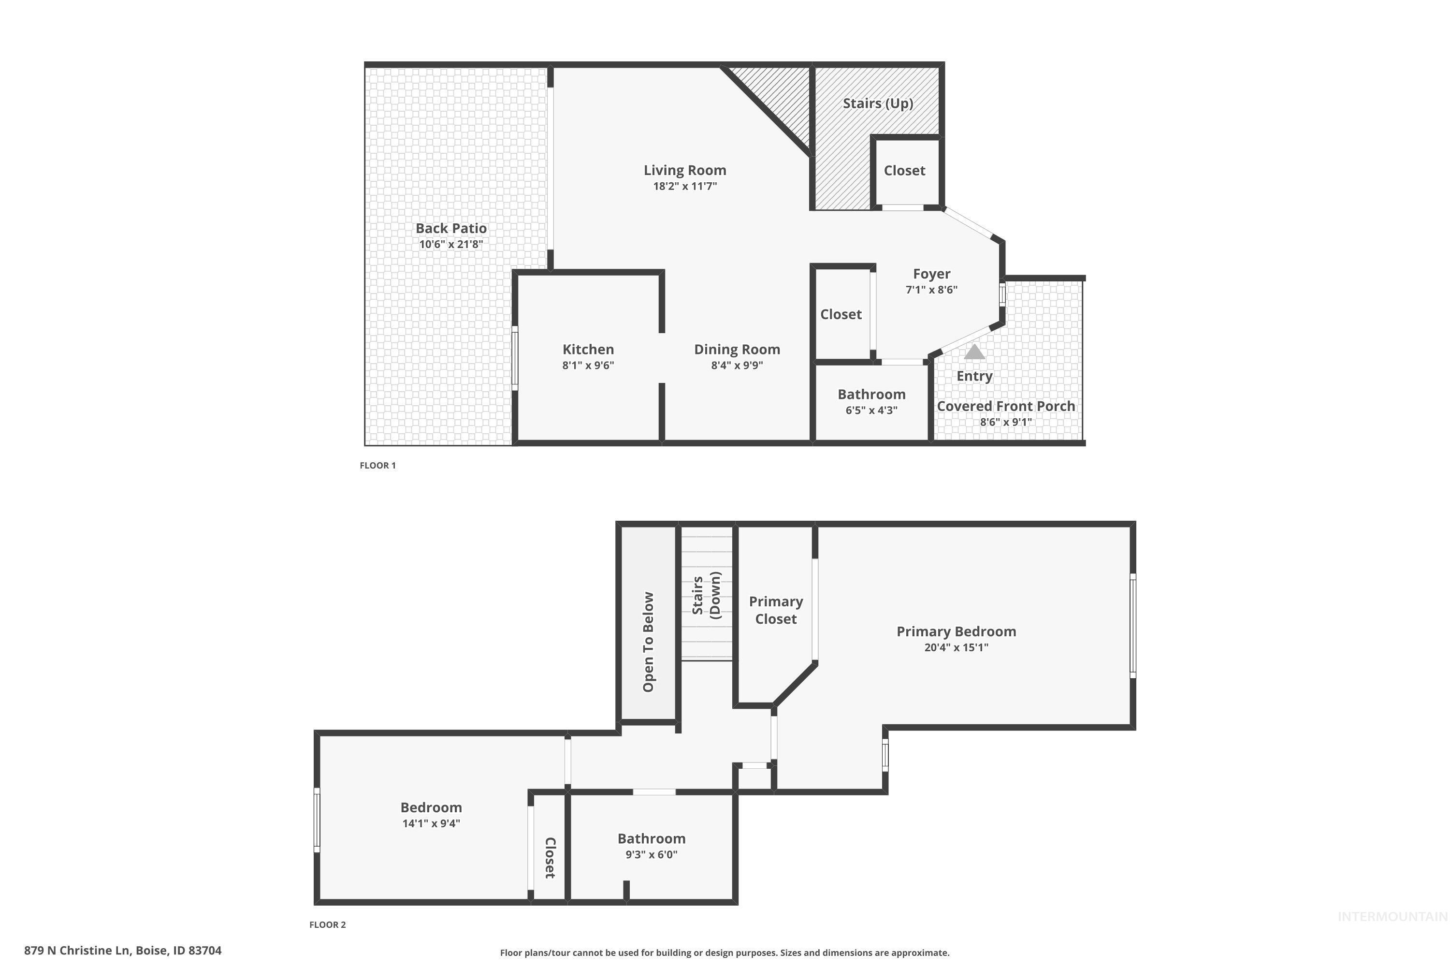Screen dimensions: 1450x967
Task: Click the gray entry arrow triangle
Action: pos(974,352)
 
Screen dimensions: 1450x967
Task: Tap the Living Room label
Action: pos(685,170)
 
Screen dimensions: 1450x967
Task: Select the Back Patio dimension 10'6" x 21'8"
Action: pos(450,244)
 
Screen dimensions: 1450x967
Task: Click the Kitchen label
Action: pos(588,349)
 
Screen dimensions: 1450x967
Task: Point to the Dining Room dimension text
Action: pos(737,365)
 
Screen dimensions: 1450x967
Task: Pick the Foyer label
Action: pos(931,274)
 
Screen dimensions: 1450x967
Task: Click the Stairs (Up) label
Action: pos(878,103)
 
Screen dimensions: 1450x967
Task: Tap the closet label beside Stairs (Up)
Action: pos(904,170)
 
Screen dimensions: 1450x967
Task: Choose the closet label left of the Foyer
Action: pos(841,315)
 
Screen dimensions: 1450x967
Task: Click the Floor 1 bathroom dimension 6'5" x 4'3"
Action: pos(871,410)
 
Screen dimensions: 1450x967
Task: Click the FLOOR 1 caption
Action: pos(378,466)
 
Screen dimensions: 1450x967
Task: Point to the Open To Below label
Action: pos(649,642)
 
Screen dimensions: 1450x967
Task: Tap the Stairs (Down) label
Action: pos(706,595)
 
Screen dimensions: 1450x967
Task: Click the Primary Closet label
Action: pos(776,610)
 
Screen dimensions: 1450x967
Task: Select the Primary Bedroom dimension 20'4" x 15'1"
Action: pos(956,647)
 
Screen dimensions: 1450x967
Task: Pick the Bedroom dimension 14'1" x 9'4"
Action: pos(431,823)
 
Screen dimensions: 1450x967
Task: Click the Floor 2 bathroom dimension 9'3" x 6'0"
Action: pos(652,854)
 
